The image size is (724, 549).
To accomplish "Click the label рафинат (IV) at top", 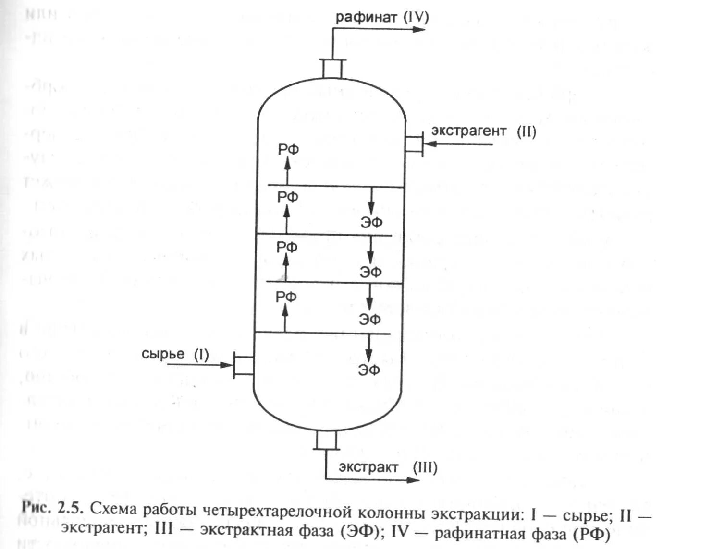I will [x=382, y=17].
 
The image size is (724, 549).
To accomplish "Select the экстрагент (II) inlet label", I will [x=483, y=131].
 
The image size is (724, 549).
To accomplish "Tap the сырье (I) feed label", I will [x=175, y=354].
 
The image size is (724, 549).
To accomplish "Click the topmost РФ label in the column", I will [x=288, y=150].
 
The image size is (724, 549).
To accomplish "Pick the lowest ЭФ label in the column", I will [x=369, y=370].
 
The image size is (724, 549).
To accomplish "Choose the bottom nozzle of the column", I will [x=326, y=440].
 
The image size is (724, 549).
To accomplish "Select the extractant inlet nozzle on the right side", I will [x=414, y=143].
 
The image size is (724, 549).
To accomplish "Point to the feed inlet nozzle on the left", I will [x=244, y=365].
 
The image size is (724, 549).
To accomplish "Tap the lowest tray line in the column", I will [x=322, y=333].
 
